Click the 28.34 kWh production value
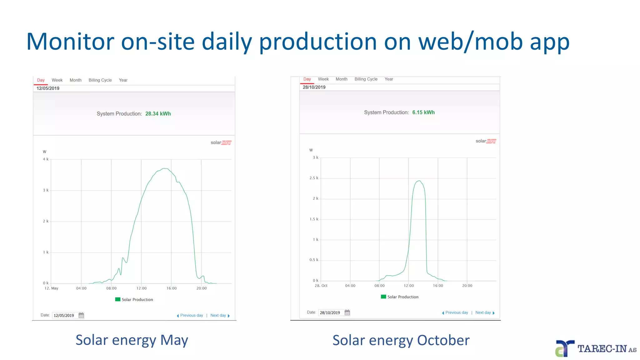pos(158,114)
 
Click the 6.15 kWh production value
pos(423,112)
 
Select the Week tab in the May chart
pos(57,80)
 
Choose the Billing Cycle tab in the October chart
pos(366,79)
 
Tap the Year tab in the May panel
pos(123,80)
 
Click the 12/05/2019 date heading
pos(48,88)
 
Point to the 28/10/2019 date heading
pos(314,87)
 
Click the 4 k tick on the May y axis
pos(46,159)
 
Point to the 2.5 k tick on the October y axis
pos(314,178)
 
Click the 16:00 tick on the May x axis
pos(171,288)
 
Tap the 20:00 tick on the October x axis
pos(467,286)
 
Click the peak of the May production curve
pos(164,169)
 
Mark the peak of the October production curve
pos(419,181)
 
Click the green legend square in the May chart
pos(118,299)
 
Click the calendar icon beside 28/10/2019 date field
pos(347,312)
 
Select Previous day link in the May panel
pos(191,315)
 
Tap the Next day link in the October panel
pos(483,312)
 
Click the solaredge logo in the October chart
pos(486,141)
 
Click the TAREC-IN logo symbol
pos(564,348)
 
